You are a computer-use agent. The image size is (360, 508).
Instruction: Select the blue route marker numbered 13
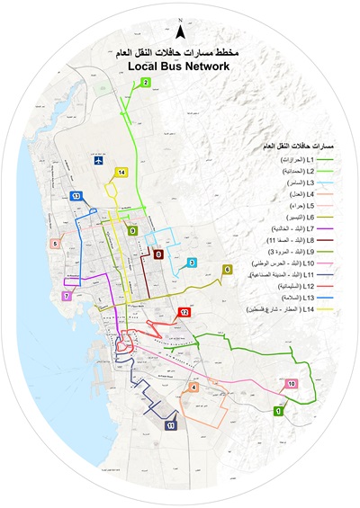tap(76, 196)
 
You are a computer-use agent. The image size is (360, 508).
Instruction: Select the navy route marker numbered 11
tap(170, 424)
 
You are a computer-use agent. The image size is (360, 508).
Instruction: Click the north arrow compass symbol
tap(181, 31)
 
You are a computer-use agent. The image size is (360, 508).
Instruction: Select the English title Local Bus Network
tap(181, 67)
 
